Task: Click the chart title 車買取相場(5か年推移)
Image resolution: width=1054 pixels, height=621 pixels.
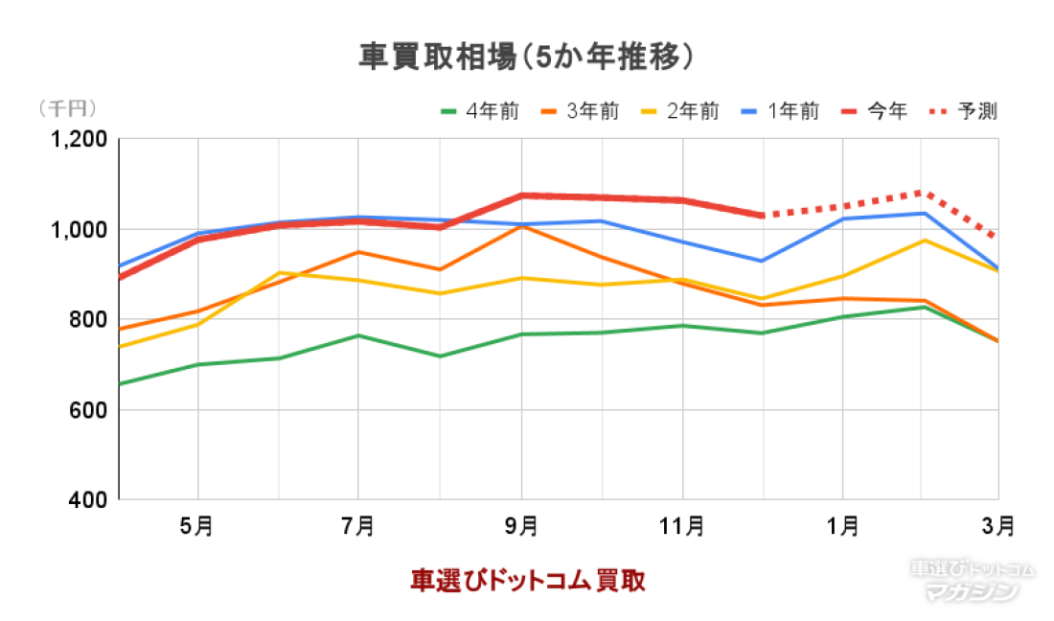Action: [x=526, y=57]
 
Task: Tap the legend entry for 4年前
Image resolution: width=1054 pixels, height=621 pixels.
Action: [x=480, y=111]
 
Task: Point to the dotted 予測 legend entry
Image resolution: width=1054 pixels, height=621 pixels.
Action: [x=964, y=111]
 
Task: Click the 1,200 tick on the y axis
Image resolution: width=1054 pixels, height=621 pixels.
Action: [x=80, y=139]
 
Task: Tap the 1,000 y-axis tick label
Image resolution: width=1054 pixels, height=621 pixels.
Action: [x=80, y=229]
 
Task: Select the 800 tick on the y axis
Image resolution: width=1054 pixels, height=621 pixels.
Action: [x=90, y=319]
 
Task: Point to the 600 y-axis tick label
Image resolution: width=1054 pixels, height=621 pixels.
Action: [x=90, y=410]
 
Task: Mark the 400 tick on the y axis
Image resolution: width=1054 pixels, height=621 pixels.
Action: [x=90, y=499]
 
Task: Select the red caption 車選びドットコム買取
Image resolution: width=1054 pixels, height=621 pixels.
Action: [x=527, y=580]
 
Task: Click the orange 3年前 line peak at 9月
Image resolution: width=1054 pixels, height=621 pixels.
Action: [x=520, y=226]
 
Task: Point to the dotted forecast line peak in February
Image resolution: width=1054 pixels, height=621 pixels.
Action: [x=922, y=192]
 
